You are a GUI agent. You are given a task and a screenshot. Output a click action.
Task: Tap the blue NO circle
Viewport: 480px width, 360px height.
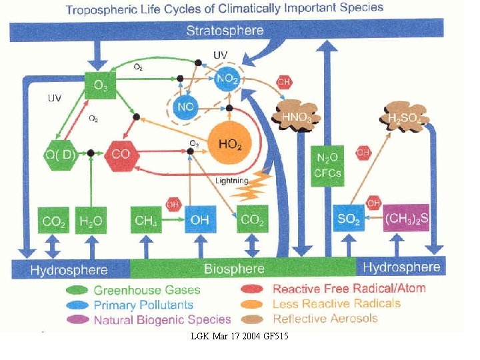coord(187,107)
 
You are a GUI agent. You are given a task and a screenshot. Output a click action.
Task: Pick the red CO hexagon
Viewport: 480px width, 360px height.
coord(121,154)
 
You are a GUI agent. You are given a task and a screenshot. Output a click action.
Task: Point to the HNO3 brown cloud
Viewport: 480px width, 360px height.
coord(297,116)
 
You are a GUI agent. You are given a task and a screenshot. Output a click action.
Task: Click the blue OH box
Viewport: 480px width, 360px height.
coord(199,221)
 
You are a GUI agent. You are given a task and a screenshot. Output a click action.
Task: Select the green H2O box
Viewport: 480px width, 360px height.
coord(91,221)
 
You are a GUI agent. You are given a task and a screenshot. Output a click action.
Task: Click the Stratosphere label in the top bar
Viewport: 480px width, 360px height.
coord(225,30)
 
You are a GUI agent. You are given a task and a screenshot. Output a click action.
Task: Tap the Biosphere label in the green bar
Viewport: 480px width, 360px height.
coord(234,269)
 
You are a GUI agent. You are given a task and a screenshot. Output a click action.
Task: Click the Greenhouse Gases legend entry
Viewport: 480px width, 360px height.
coord(147,290)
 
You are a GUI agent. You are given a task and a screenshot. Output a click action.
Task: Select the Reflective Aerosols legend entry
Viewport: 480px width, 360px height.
coord(325,318)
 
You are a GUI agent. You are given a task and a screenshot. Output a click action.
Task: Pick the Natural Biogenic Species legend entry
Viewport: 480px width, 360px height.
coord(162,319)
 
